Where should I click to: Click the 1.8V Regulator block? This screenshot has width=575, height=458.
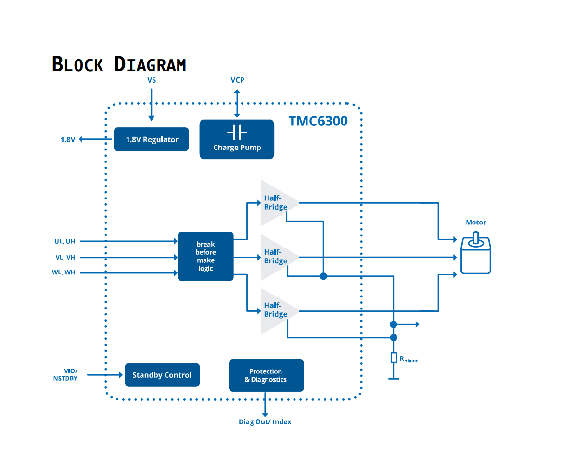(151, 139)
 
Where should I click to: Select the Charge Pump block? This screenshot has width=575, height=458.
(237, 139)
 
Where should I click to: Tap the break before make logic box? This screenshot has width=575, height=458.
(205, 256)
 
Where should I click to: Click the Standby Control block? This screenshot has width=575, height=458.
(162, 375)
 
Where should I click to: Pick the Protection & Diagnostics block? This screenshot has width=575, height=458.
(266, 375)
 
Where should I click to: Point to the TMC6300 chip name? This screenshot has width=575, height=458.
(318, 121)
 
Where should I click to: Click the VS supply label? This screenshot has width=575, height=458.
(152, 80)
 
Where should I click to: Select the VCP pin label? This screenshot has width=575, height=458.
(237, 80)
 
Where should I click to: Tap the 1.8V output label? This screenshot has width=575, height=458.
(68, 140)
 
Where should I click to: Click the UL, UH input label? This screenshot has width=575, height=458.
(65, 241)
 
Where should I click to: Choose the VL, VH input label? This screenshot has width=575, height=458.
(65, 257)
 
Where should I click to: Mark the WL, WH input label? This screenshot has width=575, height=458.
(64, 272)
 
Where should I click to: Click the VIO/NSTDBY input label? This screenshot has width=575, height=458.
(65, 374)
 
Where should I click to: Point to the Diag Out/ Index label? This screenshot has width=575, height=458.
(265, 422)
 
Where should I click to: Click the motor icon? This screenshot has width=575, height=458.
(476, 256)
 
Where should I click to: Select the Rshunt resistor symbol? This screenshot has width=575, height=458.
(394, 358)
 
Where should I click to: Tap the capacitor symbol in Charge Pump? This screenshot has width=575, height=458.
(237, 132)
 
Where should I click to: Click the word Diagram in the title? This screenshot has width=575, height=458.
(150, 64)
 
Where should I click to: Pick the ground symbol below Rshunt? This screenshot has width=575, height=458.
(394, 379)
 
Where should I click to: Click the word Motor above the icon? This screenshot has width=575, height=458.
(476, 223)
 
